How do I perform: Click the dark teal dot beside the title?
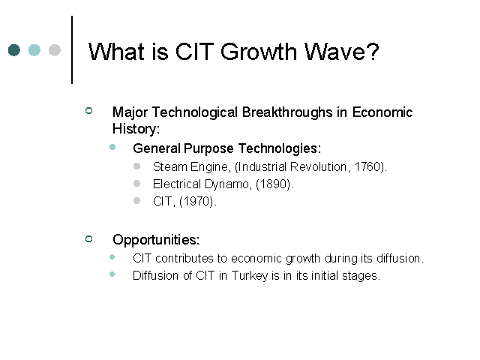14,50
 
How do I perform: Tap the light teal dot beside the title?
34,50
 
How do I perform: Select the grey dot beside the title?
55,50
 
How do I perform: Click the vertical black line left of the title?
72,50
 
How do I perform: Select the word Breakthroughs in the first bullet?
287,112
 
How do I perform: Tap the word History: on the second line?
136,128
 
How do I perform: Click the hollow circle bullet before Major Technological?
88,110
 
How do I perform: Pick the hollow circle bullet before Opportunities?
88,238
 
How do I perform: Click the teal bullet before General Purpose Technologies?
112,147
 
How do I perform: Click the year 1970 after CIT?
196,202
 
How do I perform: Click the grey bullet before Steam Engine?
136,166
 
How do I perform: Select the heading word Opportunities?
156,240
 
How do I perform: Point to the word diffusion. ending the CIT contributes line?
400,258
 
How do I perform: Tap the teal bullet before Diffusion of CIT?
112,274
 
